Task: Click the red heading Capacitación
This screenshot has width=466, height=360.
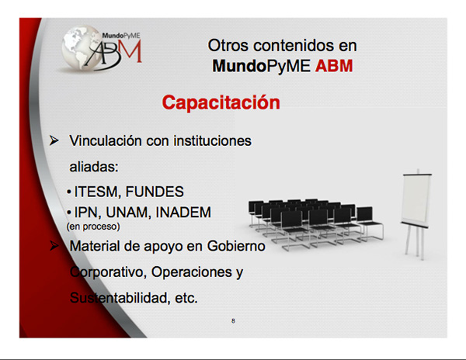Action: pos(221,102)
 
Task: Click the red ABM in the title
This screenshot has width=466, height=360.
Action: pos(334,66)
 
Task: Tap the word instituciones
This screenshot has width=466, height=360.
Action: pos(213,140)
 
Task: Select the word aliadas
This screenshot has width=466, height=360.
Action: pos(94,167)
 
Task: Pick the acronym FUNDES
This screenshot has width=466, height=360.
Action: pos(155,192)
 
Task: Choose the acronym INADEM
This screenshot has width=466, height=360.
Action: pos(183,213)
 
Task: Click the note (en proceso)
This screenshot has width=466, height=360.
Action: pos(93,227)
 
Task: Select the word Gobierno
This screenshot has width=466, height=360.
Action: pos(236,246)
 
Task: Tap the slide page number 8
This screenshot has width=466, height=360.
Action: pos(233,321)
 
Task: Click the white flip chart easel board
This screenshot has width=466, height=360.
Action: pos(416,199)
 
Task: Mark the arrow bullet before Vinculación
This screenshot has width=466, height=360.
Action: pos(54,140)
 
